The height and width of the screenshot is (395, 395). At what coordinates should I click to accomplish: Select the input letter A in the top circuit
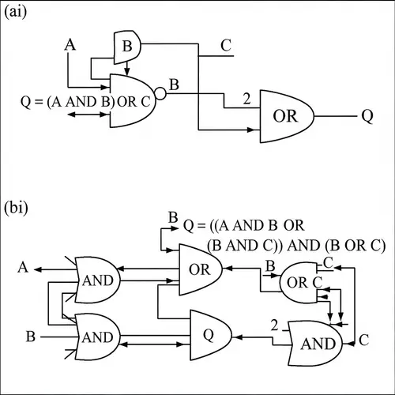[x=69, y=47]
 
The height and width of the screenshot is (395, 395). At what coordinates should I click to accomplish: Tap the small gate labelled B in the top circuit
[x=127, y=49]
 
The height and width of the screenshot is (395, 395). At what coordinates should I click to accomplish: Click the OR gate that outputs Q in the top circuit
[x=285, y=115]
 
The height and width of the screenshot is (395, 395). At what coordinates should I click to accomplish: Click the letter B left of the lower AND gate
[x=30, y=337]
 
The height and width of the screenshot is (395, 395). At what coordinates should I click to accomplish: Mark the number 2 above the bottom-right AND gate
[x=276, y=325]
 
